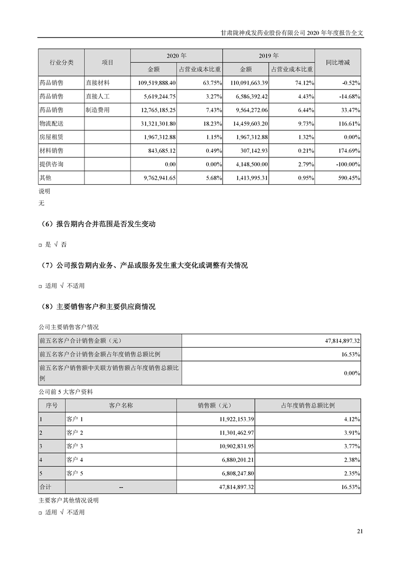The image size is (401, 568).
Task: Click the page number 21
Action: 360,531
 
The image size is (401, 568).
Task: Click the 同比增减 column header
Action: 337,62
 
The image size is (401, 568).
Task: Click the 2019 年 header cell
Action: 269,55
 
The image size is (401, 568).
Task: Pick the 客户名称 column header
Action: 121,405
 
